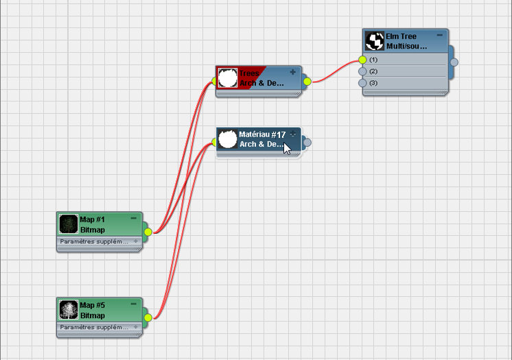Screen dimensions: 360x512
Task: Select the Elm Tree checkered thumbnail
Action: (x=375, y=41)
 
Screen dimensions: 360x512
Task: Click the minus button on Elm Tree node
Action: (x=440, y=34)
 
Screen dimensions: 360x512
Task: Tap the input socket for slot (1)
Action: (x=362, y=60)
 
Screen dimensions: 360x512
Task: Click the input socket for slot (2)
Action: (x=362, y=71)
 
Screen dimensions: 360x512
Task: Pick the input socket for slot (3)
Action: (x=362, y=83)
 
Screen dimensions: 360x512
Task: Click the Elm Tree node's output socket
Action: (x=454, y=62)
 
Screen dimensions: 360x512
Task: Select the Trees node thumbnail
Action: (x=227, y=77)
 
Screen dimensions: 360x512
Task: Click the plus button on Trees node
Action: (x=293, y=72)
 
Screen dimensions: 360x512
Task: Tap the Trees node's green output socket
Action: (x=307, y=82)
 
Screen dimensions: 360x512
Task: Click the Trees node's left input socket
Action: (x=215, y=82)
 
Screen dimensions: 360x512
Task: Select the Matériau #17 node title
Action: (x=262, y=134)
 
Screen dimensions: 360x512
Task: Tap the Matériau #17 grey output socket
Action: (x=307, y=143)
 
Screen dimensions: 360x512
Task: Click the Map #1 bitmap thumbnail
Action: (x=69, y=224)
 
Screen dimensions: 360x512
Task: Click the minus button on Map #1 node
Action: (x=133, y=218)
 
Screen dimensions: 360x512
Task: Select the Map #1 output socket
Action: (x=148, y=232)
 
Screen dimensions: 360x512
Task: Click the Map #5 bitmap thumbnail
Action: (x=69, y=310)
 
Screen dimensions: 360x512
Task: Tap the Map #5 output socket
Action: (x=148, y=317)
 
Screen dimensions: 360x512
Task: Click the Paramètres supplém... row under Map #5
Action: (x=95, y=327)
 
